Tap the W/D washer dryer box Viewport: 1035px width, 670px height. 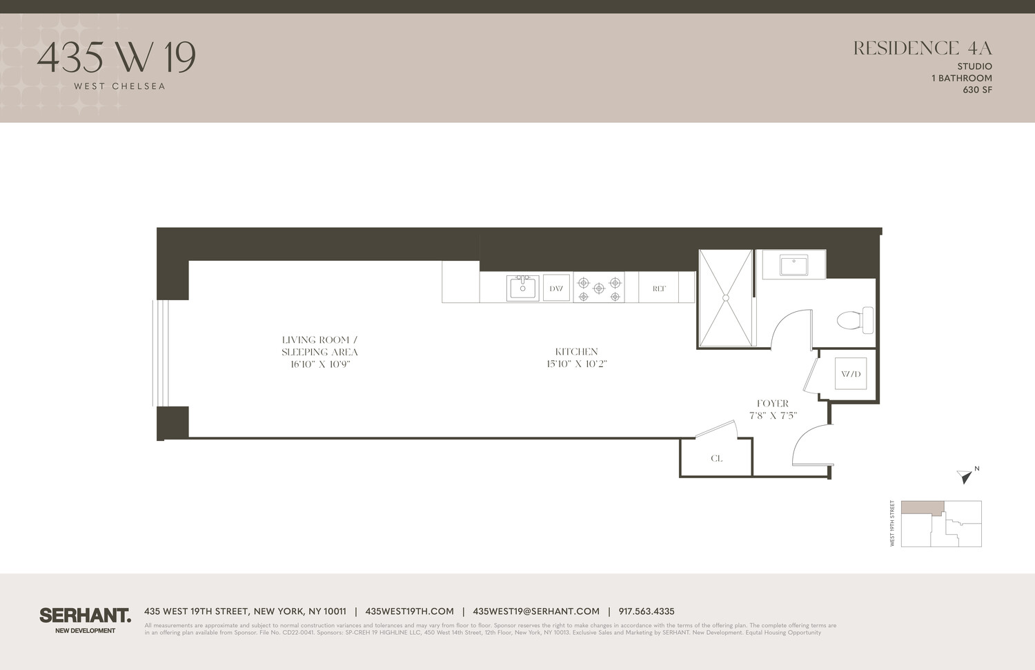[850, 374]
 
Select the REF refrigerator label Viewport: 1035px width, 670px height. [659, 288]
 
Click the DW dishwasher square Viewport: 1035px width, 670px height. [556, 288]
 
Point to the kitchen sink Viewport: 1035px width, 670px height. [522, 288]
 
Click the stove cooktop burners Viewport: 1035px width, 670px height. [599, 288]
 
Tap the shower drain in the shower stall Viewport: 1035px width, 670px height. [725, 298]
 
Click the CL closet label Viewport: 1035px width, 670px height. [716, 458]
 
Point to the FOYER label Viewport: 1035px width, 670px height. [772, 404]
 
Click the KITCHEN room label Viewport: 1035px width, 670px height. [576, 352]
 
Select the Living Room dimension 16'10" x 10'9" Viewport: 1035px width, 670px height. [320, 364]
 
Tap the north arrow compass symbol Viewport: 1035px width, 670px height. [965, 475]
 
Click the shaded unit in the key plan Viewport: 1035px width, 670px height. [921, 508]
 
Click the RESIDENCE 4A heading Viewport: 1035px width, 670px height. [922, 48]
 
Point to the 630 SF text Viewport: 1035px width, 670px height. [977, 90]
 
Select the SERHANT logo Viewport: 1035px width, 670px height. [85, 615]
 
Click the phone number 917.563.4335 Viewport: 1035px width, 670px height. [646, 611]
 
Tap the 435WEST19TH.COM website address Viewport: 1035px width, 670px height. [409, 611]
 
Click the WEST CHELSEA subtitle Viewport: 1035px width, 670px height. [119, 86]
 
